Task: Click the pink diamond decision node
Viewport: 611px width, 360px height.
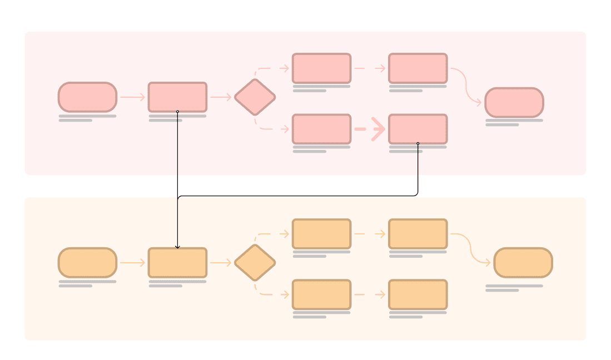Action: (255, 97)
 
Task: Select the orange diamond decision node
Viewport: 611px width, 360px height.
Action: (255, 263)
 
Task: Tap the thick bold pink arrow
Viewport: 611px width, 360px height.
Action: (370, 129)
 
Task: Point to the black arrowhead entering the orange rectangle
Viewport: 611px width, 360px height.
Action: (177, 246)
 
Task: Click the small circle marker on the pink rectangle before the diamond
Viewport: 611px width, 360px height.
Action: (177, 112)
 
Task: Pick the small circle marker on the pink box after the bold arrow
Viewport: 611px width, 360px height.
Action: (418, 143)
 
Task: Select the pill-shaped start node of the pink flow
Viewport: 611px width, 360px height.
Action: (87, 97)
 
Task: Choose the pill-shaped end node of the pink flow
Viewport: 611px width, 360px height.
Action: (514, 102)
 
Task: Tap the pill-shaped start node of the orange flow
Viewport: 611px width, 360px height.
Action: (87, 263)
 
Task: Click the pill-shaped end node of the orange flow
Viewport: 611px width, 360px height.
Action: (523, 263)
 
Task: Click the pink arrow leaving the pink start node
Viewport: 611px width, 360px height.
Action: (132, 97)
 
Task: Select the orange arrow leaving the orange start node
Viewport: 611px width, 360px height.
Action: (132, 263)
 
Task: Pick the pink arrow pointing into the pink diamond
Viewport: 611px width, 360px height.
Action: (221, 97)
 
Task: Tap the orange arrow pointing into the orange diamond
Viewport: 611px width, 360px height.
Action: (221, 263)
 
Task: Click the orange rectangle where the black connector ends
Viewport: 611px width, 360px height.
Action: (177, 263)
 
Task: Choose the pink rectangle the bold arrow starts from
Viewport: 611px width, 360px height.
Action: (322, 129)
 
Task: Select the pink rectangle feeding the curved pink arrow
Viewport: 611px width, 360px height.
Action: (418, 68)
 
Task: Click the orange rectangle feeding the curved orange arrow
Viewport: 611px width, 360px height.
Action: (418, 234)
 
